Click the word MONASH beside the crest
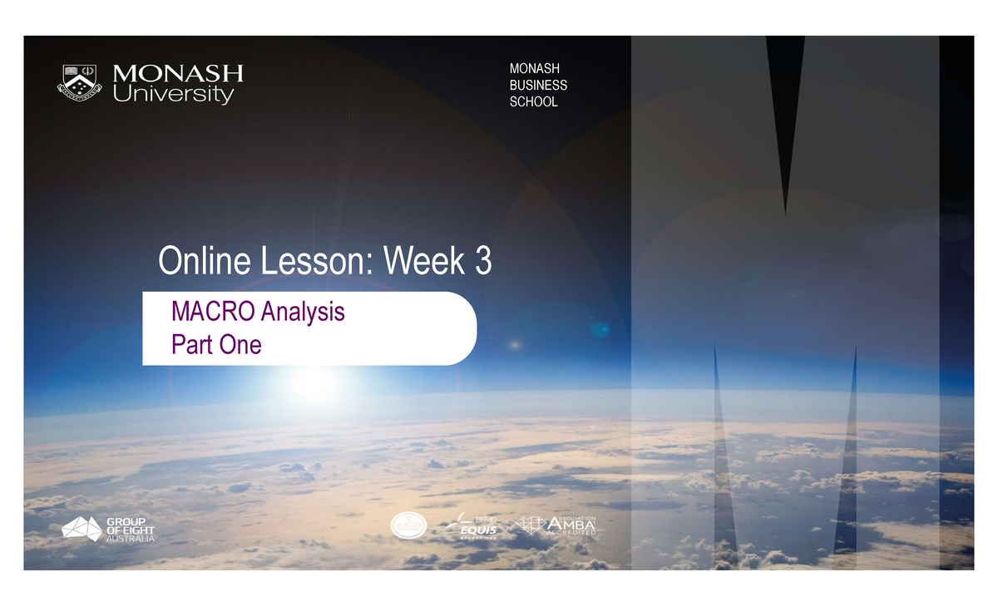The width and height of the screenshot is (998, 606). (177, 73)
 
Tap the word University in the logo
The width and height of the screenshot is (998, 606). (173, 95)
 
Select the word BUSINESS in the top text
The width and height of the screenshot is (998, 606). (538, 85)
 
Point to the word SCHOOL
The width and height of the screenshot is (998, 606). (533, 102)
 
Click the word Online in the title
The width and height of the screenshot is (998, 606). (205, 262)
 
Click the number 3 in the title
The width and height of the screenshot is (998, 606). (482, 262)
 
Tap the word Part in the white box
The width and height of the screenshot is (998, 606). (190, 344)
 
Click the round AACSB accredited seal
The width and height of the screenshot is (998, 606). (408, 526)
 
